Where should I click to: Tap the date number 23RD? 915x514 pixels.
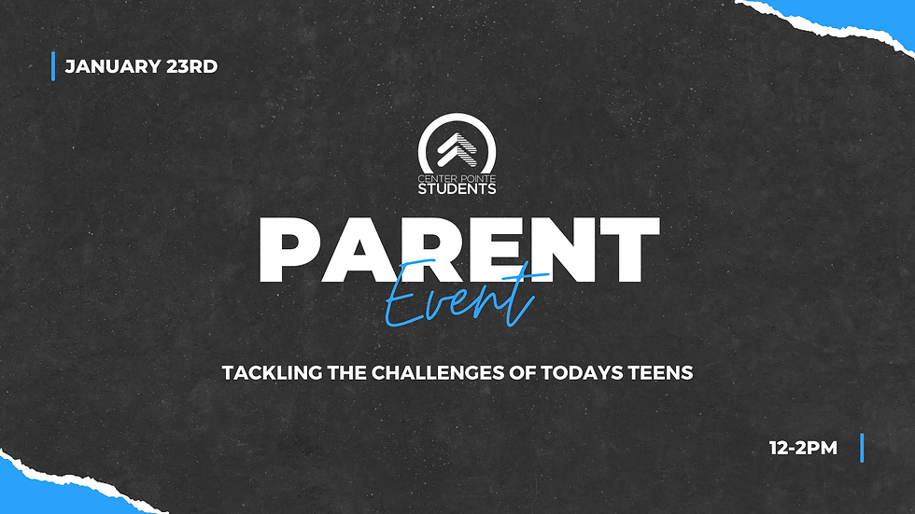click(192, 66)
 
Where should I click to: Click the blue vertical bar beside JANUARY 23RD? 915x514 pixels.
click(53, 66)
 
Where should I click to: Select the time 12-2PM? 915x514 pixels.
click(803, 448)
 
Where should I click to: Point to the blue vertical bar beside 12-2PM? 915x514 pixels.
click(862, 448)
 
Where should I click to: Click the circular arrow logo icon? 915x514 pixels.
click(457, 144)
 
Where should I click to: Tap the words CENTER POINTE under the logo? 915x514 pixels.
click(457, 178)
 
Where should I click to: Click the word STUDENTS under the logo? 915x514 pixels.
click(457, 188)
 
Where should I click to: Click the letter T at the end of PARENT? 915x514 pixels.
click(629, 250)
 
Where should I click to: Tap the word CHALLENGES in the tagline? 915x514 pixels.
click(438, 373)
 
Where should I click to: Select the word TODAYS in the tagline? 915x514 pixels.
click(582, 373)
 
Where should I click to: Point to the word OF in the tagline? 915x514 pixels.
click(522, 373)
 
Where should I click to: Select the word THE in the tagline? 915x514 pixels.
click(346, 373)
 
